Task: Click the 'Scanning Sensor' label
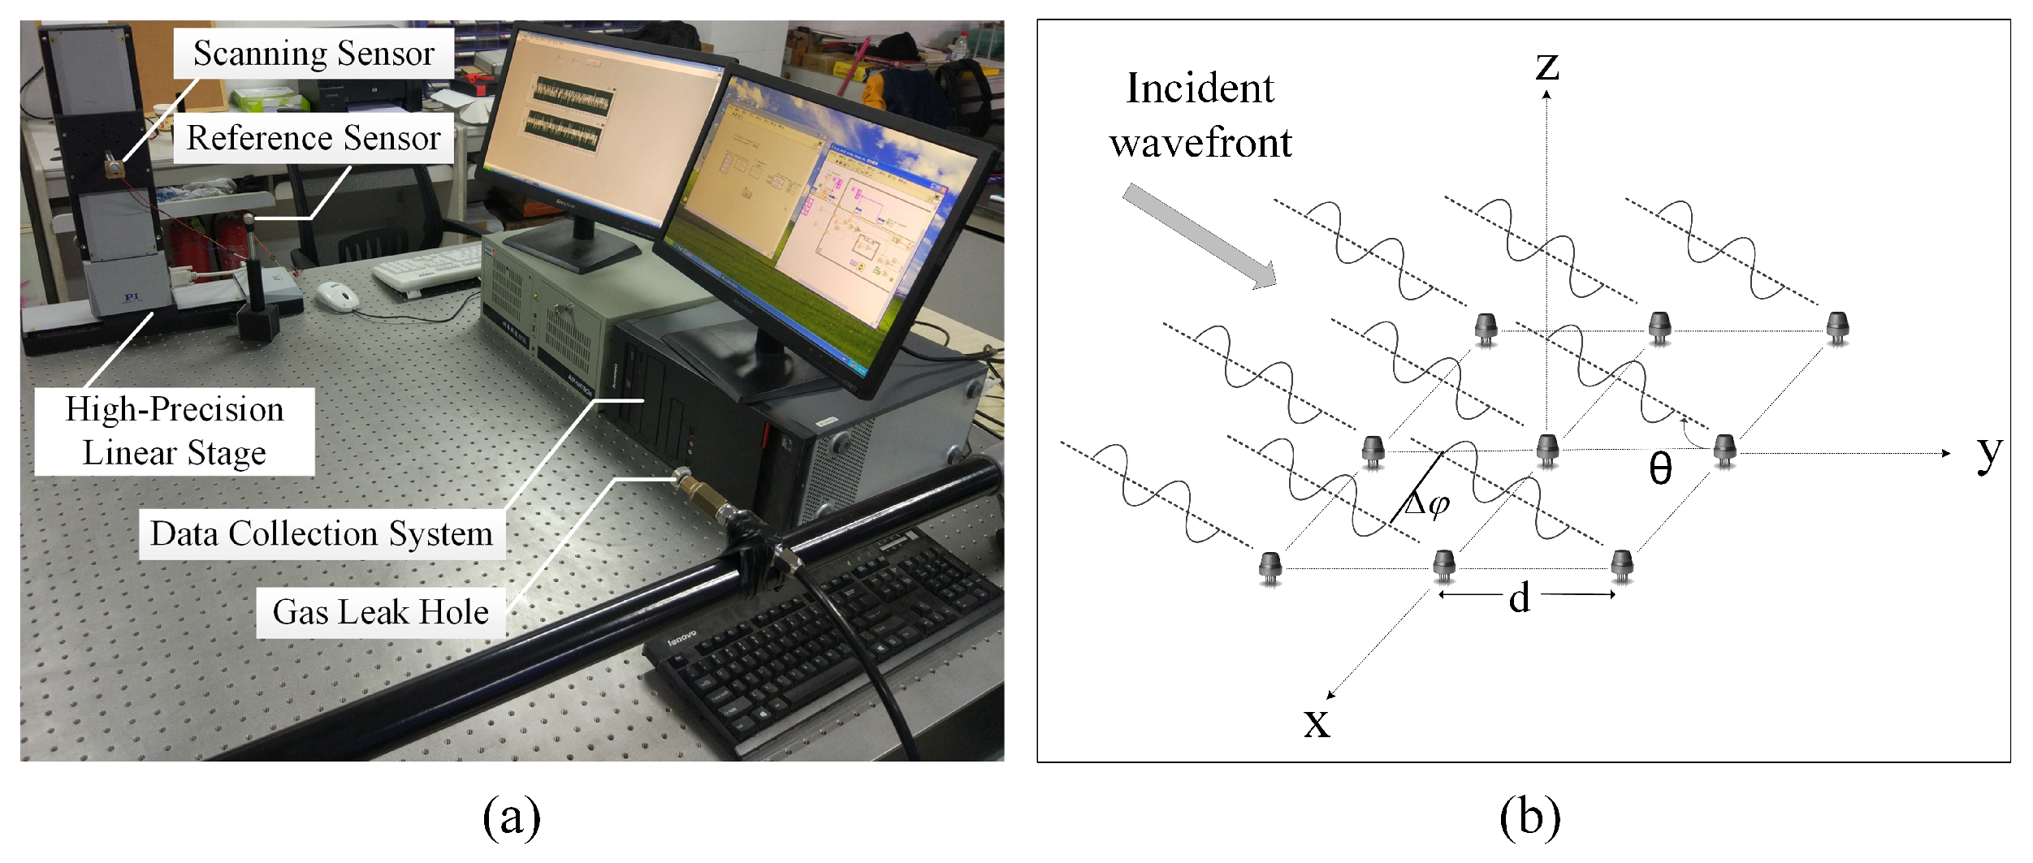(314, 54)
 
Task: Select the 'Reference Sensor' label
(314, 138)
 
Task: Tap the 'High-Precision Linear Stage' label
(175, 431)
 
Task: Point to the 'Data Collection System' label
(322, 533)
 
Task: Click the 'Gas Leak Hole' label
(380, 612)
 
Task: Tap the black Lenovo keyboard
(820, 641)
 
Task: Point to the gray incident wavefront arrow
(1200, 235)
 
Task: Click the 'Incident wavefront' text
(1200, 115)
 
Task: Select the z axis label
(1546, 65)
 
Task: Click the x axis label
(1317, 722)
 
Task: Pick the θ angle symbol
(1660, 468)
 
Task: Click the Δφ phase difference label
(1427, 505)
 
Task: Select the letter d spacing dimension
(1519, 598)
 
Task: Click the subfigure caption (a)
(512, 817)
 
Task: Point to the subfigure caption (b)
(1529, 817)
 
